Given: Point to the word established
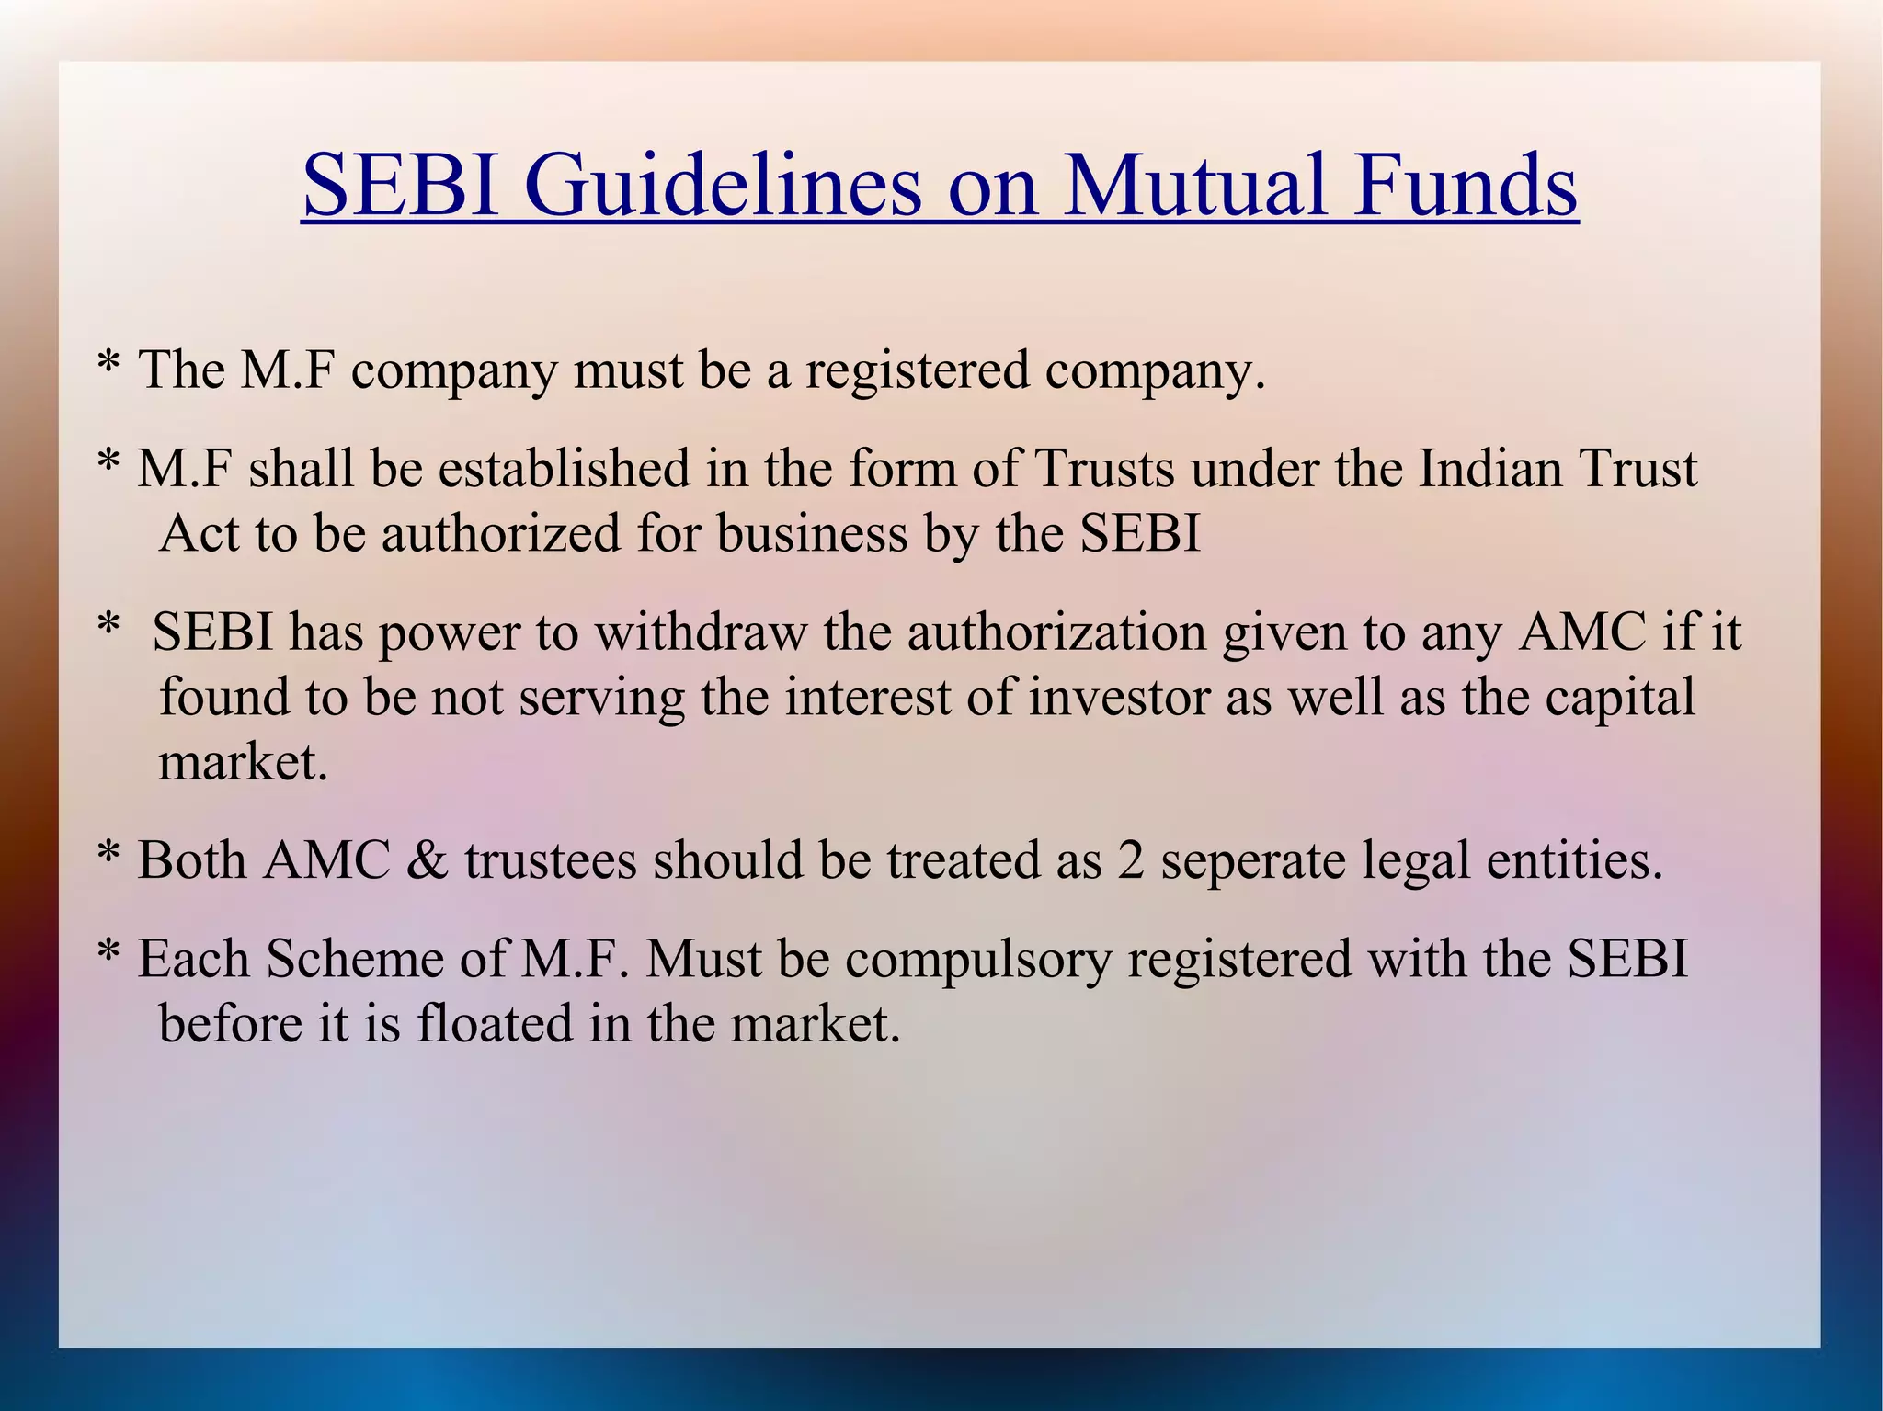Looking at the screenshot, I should pos(564,468).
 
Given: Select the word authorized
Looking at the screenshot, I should pos(501,533).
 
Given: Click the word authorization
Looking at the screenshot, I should pos(1057,632).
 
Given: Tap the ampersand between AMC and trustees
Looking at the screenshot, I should pos(427,861).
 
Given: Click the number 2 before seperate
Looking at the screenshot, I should pos(1131,861).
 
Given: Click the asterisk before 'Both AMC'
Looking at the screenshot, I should pos(108,855).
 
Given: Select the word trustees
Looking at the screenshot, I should pos(550,861).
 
